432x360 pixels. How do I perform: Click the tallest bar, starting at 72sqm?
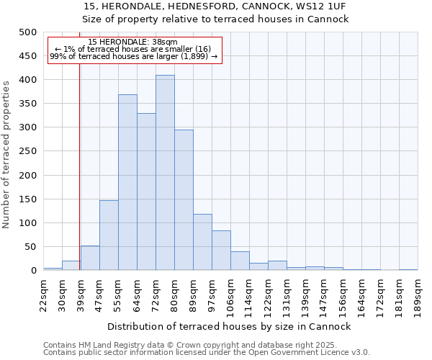pyautogui.click(x=165, y=173)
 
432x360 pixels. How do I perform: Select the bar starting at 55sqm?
pyautogui.click(x=127, y=182)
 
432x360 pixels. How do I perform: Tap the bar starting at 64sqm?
pyautogui.click(x=146, y=192)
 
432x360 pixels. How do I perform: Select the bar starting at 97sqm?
pyautogui.click(x=221, y=251)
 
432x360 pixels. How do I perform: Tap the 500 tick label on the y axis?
pyautogui.click(x=27, y=32)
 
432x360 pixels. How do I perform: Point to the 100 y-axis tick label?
pyautogui.click(x=27, y=223)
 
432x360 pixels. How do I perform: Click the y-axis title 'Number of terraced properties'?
pyautogui.click(x=7, y=153)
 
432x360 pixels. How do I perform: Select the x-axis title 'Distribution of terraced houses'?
pyautogui.click(x=230, y=326)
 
